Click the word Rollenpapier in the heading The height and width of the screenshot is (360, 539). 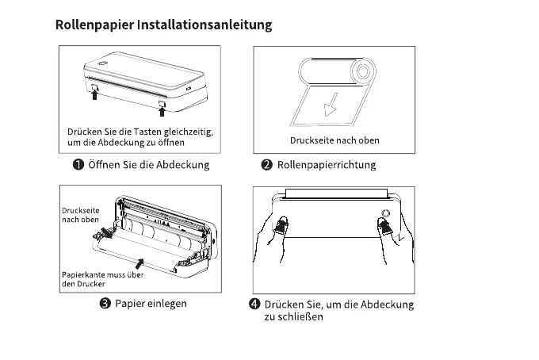94,25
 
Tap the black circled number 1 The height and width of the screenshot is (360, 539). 79,165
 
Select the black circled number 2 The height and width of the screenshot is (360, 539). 267,165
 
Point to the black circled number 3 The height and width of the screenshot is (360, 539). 103,304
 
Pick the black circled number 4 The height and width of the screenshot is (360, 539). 254,304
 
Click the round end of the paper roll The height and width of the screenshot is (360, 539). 362,72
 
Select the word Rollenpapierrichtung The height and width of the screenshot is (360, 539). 327,165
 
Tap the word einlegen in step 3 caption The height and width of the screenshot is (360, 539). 168,304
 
